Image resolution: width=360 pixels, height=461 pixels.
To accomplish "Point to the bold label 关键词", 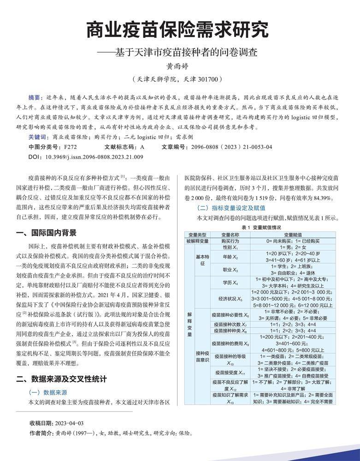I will [x=37, y=137].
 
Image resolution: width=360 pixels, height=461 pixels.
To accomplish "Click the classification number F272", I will [x=71, y=147].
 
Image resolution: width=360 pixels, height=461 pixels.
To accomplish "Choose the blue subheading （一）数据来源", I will [x=48, y=392].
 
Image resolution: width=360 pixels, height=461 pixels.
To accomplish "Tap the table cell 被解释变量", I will [x=197, y=241].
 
